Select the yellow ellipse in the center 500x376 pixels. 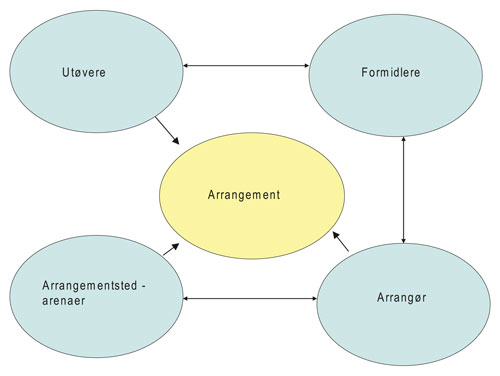(253, 215)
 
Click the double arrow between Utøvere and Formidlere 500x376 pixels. (247, 66)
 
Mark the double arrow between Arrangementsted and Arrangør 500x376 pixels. (250, 297)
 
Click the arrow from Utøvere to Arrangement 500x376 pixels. (168, 129)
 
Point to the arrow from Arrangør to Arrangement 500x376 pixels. (341, 241)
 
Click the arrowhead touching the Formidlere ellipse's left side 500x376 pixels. (307, 66)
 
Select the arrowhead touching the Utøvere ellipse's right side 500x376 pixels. (187, 66)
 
